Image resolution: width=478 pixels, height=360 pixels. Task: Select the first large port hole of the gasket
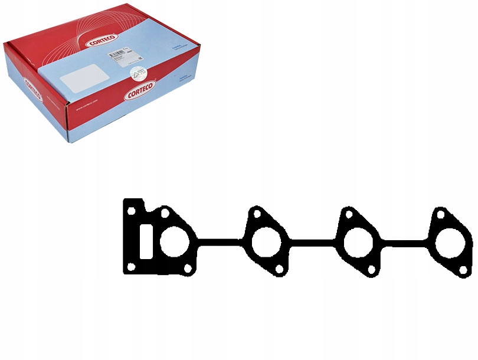[x=175, y=243]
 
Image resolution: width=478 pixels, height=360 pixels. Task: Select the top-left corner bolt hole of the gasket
[x=131, y=210]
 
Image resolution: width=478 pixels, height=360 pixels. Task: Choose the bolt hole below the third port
[x=371, y=270]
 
